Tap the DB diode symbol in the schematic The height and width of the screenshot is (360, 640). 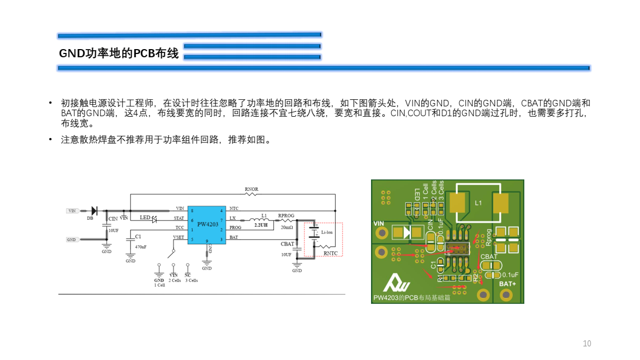coord(93,211)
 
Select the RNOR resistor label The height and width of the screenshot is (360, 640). coord(252,189)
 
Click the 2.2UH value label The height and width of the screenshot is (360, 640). coord(261,225)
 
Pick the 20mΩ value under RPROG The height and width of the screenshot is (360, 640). coord(286,227)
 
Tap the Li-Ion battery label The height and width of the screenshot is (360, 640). coord(327,232)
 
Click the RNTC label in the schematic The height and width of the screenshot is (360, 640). coord(330,253)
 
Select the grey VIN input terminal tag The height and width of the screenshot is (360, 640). coord(73,211)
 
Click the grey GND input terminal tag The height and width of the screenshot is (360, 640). coord(72,239)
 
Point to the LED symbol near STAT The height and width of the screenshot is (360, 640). coord(154,219)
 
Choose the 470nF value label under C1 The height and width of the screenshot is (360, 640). coord(141,247)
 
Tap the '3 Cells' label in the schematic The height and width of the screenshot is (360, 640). coord(191,280)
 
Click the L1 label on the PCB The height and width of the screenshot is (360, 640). coord(478,203)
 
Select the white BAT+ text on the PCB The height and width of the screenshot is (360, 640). coord(507,284)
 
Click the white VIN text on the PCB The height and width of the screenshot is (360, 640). coord(379,223)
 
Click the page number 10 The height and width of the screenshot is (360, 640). coord(587,344)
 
